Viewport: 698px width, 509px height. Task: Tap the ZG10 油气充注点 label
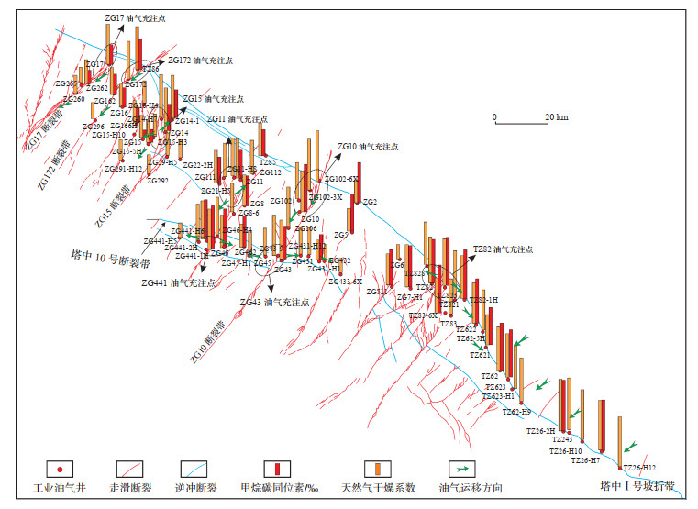368,146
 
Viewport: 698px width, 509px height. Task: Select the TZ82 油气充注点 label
503,249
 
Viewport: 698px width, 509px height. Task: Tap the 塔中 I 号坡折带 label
638,485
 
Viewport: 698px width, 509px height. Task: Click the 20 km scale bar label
556,117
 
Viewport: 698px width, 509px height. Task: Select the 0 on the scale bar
494,117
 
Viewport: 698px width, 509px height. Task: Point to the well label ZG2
371,202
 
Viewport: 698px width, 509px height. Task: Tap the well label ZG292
157,182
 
